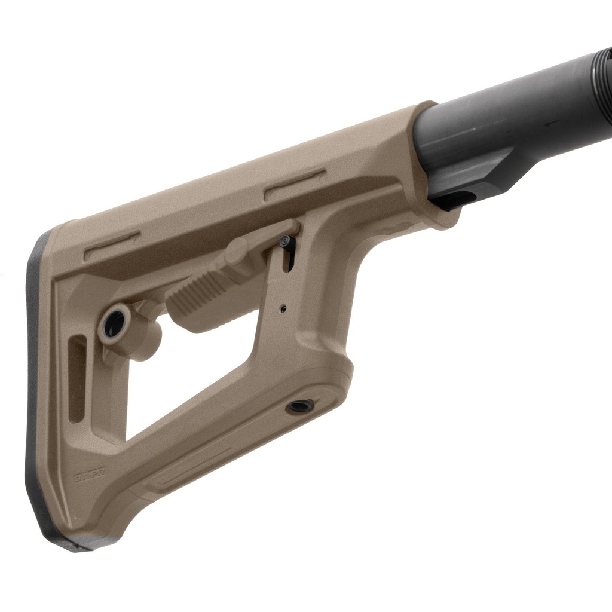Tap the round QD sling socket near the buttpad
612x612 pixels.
pyautogui.click(x=113, y=324)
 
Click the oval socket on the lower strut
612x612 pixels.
pyautogui.click(x=300, y=407)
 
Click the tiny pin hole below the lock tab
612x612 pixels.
pyautogui.click(x=283, y=309)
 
